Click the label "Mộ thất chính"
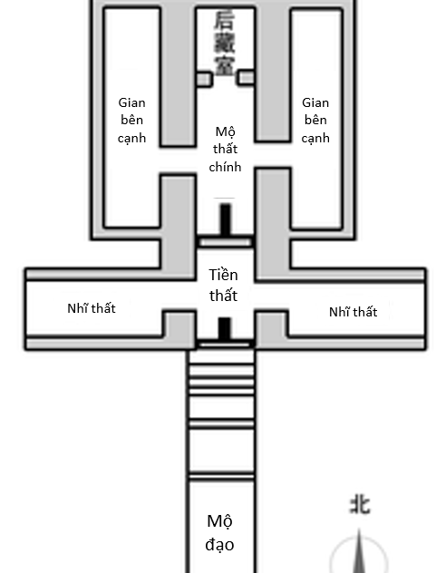[225, 149]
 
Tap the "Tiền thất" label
[223, 285]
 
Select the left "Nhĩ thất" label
[92, 308]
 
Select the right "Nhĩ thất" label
[353, 312]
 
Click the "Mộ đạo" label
[219, 533]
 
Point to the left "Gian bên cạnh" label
[132, 121]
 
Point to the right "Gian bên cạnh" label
[315, 121]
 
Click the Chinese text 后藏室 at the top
[224, 44]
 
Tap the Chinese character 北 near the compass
[360, 505]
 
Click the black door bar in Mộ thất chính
[226, 219]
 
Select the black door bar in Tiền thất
[225, 328]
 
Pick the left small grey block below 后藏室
[204, 79]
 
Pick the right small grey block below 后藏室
[246, 78]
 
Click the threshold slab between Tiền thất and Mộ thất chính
[225, 242]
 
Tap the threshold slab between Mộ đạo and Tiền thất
[225, 345]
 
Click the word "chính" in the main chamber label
[225, 167]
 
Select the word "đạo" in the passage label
[219, 545]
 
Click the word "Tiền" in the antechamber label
[223, 275]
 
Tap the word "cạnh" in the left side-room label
[132, 139]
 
